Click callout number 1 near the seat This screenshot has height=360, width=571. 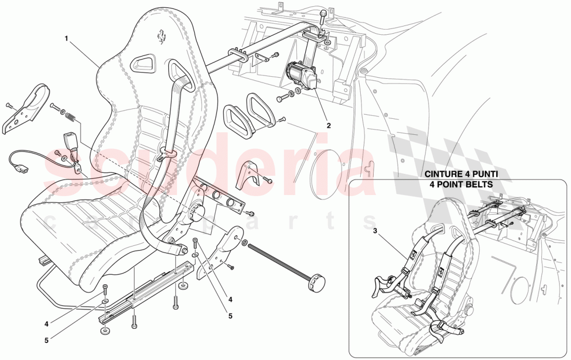pyautogui.click(x=67, y=38)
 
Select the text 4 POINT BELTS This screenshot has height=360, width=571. pyautogui.click(x=458, y=184)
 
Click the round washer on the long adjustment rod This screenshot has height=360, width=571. pyautogui.click(x=244, y=242)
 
